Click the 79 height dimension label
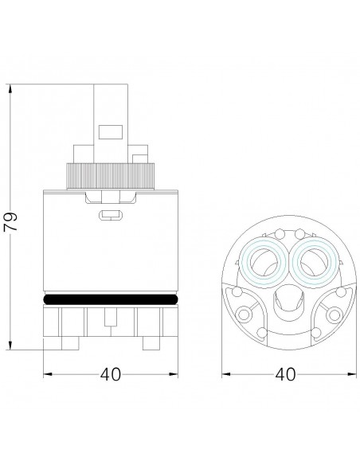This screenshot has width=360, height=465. coord(10,221)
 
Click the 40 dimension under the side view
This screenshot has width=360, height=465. coord(111,374)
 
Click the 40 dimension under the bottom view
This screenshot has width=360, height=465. coord(285,374)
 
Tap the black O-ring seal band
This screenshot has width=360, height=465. coord(111,299)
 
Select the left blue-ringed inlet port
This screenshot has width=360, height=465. coord(263,262)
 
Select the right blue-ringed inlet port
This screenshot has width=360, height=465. coord(315,262)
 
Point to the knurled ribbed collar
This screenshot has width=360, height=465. coord(111,176)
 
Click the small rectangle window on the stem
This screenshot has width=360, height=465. coord(111,132)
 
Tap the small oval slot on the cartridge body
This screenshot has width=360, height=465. coord(111,215)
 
